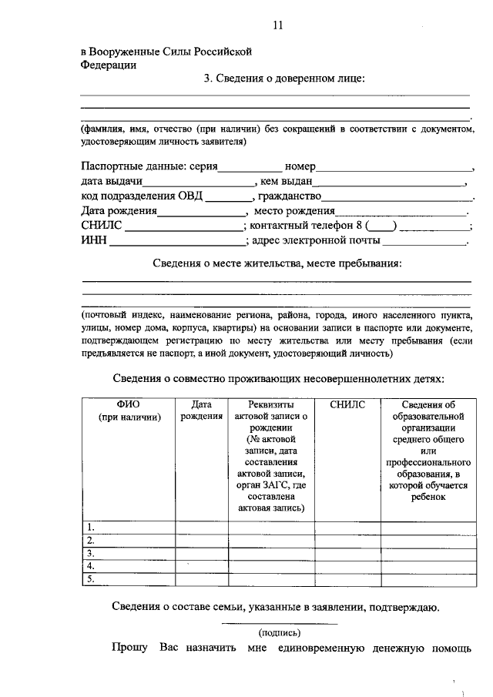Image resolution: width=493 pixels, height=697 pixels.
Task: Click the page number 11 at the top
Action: [278, 25]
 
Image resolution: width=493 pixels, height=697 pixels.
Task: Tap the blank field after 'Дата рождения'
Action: [202, 211]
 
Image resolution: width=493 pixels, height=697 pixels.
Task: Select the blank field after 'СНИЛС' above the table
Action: [183, 226]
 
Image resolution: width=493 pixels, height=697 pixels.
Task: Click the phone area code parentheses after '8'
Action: [381, 226]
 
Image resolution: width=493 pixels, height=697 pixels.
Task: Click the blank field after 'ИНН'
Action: [176, 241]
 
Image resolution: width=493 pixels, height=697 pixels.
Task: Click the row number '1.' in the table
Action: [91, 528]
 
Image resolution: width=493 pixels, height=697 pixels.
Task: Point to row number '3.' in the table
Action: [91, 554]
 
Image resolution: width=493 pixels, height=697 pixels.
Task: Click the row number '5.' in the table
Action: [91, 579]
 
